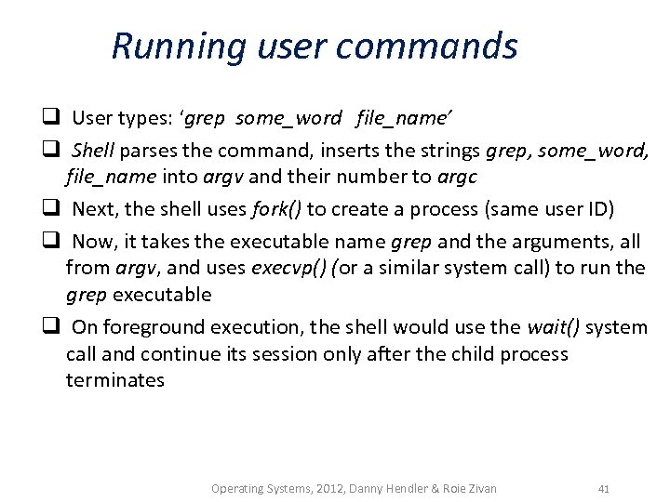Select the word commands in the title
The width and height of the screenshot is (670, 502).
443,46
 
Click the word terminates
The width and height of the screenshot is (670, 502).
114,379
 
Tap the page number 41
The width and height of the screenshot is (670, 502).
604,488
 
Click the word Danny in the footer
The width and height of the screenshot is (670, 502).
369,488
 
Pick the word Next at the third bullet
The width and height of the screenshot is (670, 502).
92,208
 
